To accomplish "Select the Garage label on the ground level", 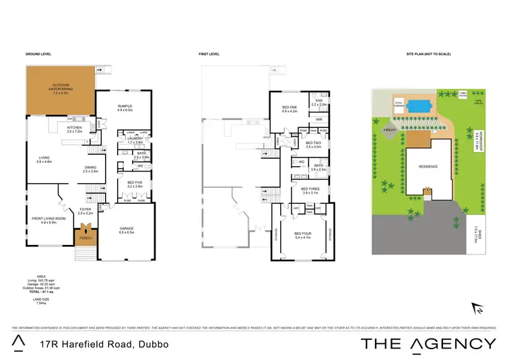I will click(127, 230).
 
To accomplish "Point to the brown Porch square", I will click(85, 237).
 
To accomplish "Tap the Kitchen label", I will click(74, 127).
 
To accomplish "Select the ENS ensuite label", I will click(319, 103).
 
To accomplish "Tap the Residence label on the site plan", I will click(428, 166).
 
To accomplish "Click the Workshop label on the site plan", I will click(475, 139).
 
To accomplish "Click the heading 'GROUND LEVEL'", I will click(38, 54).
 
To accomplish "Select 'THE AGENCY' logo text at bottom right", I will click(428, 344).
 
